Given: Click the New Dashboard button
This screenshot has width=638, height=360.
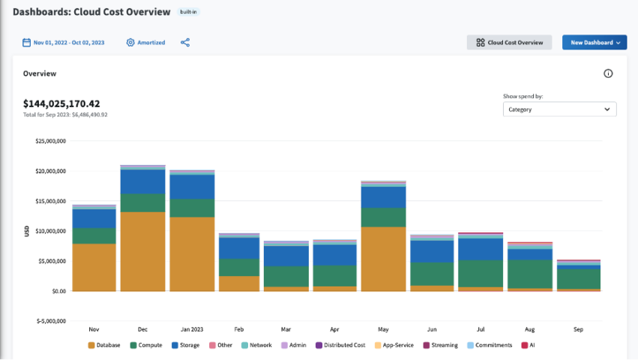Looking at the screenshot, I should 594,43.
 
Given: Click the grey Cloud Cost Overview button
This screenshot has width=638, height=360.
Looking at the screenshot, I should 509,43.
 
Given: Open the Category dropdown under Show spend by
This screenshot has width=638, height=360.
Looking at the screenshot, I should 559,109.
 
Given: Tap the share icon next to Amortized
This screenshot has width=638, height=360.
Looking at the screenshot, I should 185,43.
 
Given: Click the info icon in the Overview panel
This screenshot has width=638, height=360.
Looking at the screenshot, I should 608,73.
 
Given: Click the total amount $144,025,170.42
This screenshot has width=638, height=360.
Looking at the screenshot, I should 61,103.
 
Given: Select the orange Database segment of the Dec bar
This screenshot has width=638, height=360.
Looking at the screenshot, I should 142,251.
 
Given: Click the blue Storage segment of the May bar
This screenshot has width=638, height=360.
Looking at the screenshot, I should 383,197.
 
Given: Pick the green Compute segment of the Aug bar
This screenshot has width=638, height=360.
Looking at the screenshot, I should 529,274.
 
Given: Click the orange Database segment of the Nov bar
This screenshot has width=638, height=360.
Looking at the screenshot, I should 94,267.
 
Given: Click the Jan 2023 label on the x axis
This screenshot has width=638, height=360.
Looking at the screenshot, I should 191,329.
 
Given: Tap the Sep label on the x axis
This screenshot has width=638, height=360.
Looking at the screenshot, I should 578,329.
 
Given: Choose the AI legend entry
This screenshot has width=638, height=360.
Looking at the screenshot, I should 529,345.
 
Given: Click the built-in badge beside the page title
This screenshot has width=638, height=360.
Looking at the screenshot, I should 189,13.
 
